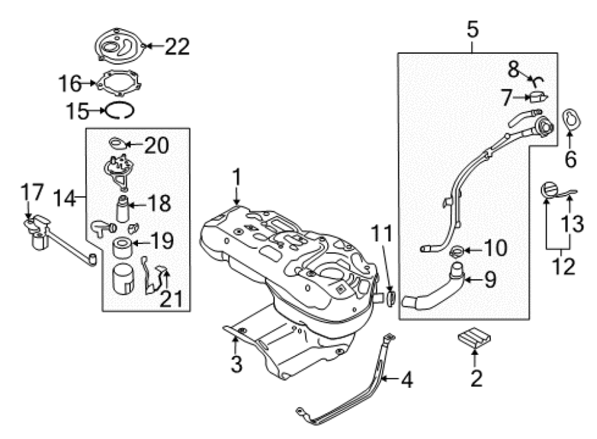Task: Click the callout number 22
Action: coord(177,47)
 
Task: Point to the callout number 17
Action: coord(32,192)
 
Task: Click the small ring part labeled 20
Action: coord(118,143)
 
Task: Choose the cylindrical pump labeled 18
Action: coord(123,209)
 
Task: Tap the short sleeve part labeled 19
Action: coord(122,247)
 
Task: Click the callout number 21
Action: coord(171,299)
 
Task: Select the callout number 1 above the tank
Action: coord(237,178)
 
